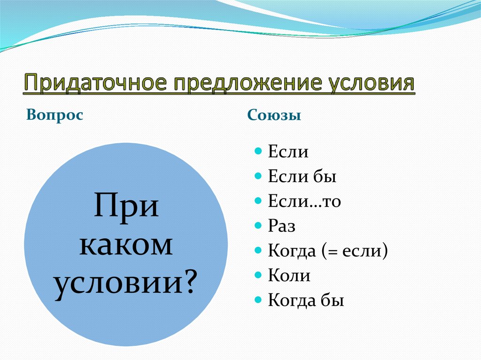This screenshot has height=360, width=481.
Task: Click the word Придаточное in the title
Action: point(94,84)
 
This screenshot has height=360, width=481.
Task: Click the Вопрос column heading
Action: point(55,115)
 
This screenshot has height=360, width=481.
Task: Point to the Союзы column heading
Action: point(274,115)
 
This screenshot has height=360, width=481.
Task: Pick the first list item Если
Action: point(288,152)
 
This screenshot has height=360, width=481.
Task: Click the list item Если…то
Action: point(304,201)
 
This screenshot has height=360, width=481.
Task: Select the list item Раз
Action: point(281,227)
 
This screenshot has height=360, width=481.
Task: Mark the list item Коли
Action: point(289,276)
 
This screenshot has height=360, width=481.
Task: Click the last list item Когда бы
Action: point(306,300)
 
